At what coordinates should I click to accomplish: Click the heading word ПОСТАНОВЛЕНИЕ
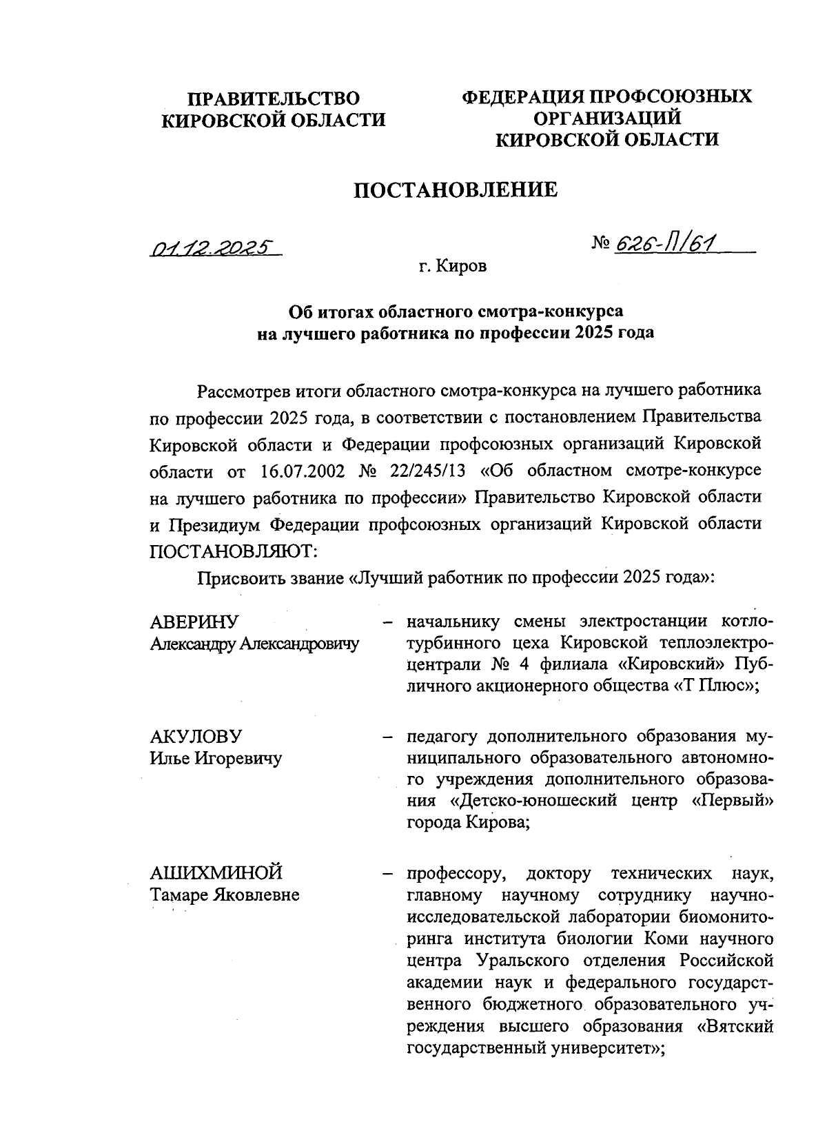tap(456, 190)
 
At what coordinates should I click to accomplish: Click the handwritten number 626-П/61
tap(666, 242)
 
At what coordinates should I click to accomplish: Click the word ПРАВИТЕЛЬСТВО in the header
tap(274, 98)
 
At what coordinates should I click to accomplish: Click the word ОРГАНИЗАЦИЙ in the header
tap(607, 118)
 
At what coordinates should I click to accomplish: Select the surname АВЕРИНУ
tap(194, 622)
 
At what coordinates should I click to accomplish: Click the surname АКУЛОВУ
tap(196, 736)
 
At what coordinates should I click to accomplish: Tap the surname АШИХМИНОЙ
tap(216, 873)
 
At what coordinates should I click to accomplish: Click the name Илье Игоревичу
tap(216, 759)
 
